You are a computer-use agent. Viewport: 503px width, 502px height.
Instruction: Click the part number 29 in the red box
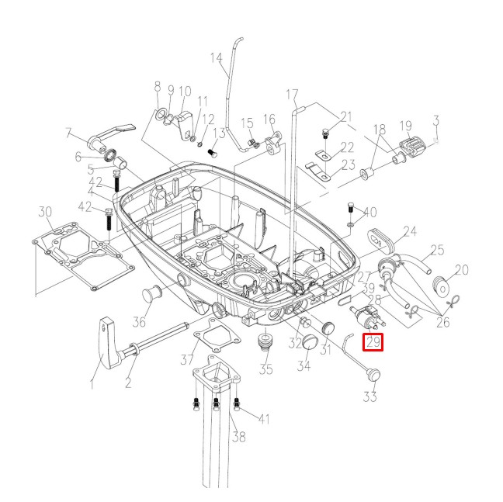coord(373,341)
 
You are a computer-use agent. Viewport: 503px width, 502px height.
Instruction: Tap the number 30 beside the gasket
coord(45,211)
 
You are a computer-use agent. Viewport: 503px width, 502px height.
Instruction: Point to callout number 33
coord(370,397)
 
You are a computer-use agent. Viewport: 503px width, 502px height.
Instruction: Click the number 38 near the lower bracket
coord(239,437)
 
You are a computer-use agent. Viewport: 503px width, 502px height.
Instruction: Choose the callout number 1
coord(92,383)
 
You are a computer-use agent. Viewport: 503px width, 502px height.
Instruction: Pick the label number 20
coord(462,270)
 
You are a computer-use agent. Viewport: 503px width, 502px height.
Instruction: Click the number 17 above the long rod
coord(292,95)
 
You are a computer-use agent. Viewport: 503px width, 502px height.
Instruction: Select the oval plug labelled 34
coord(308,342)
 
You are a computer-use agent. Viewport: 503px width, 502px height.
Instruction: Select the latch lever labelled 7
coord(111,133)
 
